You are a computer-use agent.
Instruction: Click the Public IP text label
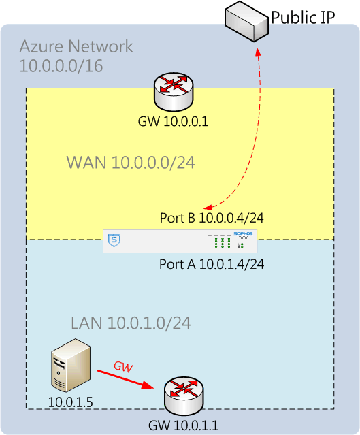pyautogui.click(x=303, y=17)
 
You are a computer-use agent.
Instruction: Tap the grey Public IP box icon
pyautogui.click(x=246, y=22)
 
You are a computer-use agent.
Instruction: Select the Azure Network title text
pyautogui.click(x=76, y=46)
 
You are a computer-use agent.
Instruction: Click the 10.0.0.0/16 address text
pyautogui.click(x=61, y=66)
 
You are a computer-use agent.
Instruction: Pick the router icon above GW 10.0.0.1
pyautogui.click(x=174, y=92)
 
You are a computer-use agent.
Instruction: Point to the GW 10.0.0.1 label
pyautogui.click(x=173, y=121)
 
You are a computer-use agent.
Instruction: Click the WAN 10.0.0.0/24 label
pyautogui.click(x=131, y=162)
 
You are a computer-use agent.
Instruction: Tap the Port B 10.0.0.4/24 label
pyautogui.click(x=212, y=218)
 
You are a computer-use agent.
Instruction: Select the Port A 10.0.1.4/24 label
pyautogui.click(x=212, y=264)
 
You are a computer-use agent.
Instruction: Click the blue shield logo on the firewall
pyautogui.click(x=114, y=240)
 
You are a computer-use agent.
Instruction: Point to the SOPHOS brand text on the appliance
pyautogui.click(x=243, y=233)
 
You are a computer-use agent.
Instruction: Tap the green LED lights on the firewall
pyautogui.click(x=223, y=242)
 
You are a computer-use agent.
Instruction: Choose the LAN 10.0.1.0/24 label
pyautogui.click(x=131, y=323)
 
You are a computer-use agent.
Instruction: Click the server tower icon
pyautogui.click(x=71, y=365)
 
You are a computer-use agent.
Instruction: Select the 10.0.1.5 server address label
pyautogui.click(x=71, y=402)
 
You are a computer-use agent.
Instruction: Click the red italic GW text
pyautogui.click(x=123, y=367)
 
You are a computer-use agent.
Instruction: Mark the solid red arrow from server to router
pyautogui.click(x=125, y=379)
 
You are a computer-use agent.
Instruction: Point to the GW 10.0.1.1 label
pyautogui.click(x=183, y=425)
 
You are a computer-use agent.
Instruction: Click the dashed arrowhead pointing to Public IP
pyautogui.click(x=258, y=52)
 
